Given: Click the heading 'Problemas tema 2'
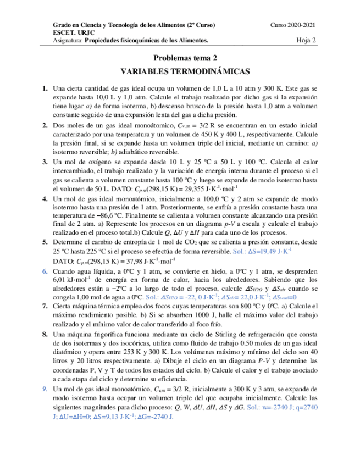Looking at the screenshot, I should coord(185,58).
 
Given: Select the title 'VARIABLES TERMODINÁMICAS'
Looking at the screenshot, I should coord(185,71).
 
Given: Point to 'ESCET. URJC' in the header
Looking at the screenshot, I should coord(70,33).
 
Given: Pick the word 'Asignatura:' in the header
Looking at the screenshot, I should coord(67,40).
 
